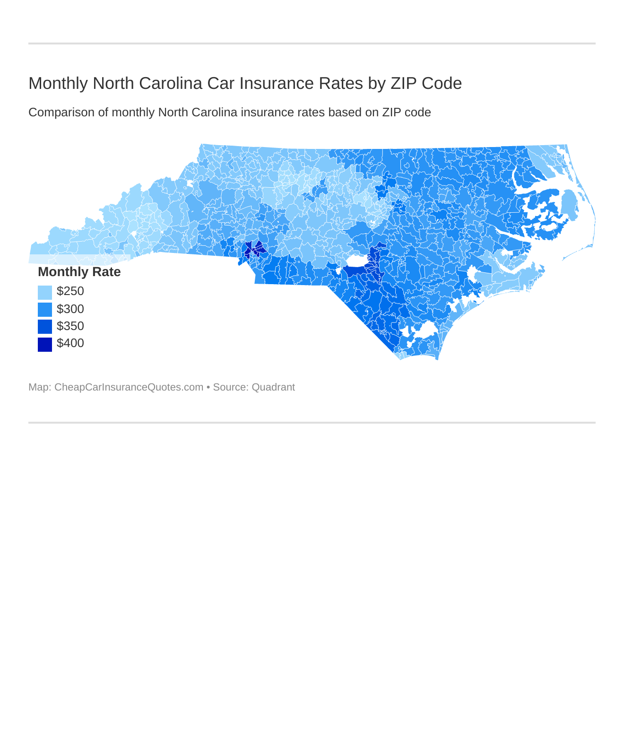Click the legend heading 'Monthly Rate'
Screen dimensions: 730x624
[x=79, y=272]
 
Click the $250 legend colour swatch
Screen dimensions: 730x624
[x=45, y=292]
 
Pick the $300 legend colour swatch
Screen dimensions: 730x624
[x=45, y=309]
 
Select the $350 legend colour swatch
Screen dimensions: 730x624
[x=45, y=327]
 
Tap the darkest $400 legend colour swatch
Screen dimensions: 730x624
[x=45, y=344]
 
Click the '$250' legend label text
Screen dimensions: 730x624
[x=70, y=291]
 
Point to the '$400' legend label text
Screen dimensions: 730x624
[x=70, y=343]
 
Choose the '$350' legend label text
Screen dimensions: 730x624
[x=70, y=326]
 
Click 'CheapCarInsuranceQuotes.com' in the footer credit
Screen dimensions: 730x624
[x=129, y=387]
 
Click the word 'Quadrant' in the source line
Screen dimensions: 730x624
[x=273, y=387]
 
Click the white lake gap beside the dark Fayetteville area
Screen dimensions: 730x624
[x=356, y=261]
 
